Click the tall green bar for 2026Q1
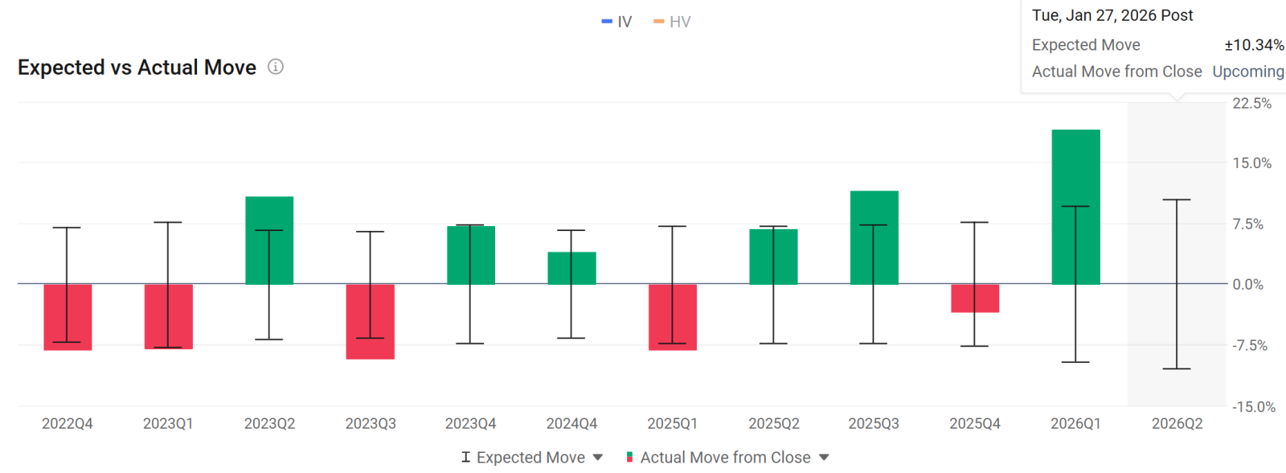(x=1076, y=207)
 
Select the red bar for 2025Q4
(x=975, y=298)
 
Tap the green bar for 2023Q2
(x=269, y=241)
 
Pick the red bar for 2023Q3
(x=371, y=322)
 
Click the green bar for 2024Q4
(x=571, y=269)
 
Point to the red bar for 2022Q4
(x=68, y=317)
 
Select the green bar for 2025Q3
(x=874, y=237)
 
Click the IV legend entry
(x=616, y=22)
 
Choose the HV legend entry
(x=672, y=22)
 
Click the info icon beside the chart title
(x=276, y=68)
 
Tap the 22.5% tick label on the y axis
(x=1252, y=104)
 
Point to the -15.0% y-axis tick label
(x=1254, y=407)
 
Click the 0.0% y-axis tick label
(x=1248, y=285)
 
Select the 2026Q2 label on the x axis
(x=1177, y=424)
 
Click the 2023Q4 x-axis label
(x=471, y=424)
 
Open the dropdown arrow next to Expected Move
(x=598, y=458)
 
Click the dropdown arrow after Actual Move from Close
(x=824, y=458)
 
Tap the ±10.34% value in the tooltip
(x=1255, y=45)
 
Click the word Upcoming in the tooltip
(x=1248, y=72)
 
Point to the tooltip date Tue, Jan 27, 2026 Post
(x=1112, y=15)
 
